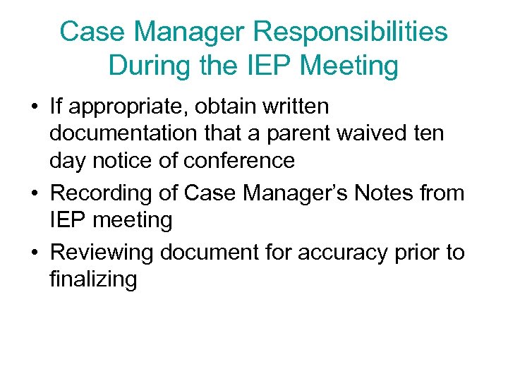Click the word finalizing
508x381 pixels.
(x=92, y=279)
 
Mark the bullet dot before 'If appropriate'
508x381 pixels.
(x=34, y=108)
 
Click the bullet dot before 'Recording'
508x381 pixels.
(x=34, y=193)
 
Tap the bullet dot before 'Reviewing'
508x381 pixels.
(x=34, y=253)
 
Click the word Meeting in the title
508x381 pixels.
(x=349, y=66)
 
